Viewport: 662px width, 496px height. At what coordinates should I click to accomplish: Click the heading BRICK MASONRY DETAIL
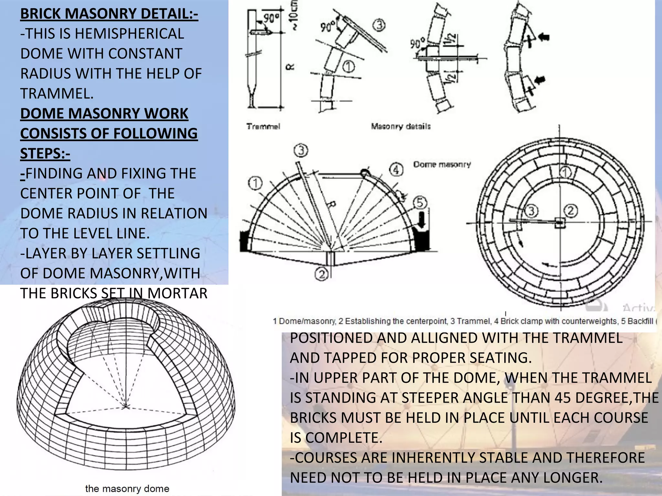[x=109, y=14]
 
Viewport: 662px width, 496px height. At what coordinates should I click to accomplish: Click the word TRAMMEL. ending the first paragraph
[x=57, y=94]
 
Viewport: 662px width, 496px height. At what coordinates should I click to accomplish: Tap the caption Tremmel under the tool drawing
[x=263, y=127]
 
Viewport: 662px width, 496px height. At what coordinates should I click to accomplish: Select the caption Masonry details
[x=401, y=126]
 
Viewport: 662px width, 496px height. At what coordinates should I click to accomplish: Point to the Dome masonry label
[x=442, y=164]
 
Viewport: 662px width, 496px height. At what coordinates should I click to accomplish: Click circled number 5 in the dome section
[x=420, y=203]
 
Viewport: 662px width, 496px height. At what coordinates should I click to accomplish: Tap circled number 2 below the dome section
[x=322, y=274]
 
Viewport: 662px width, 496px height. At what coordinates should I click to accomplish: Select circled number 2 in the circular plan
[x=571, y=211]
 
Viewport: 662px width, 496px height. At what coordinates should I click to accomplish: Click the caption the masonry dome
[x=127, y=488]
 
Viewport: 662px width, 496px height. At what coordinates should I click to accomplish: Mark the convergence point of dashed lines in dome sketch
[x=126, y=406]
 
